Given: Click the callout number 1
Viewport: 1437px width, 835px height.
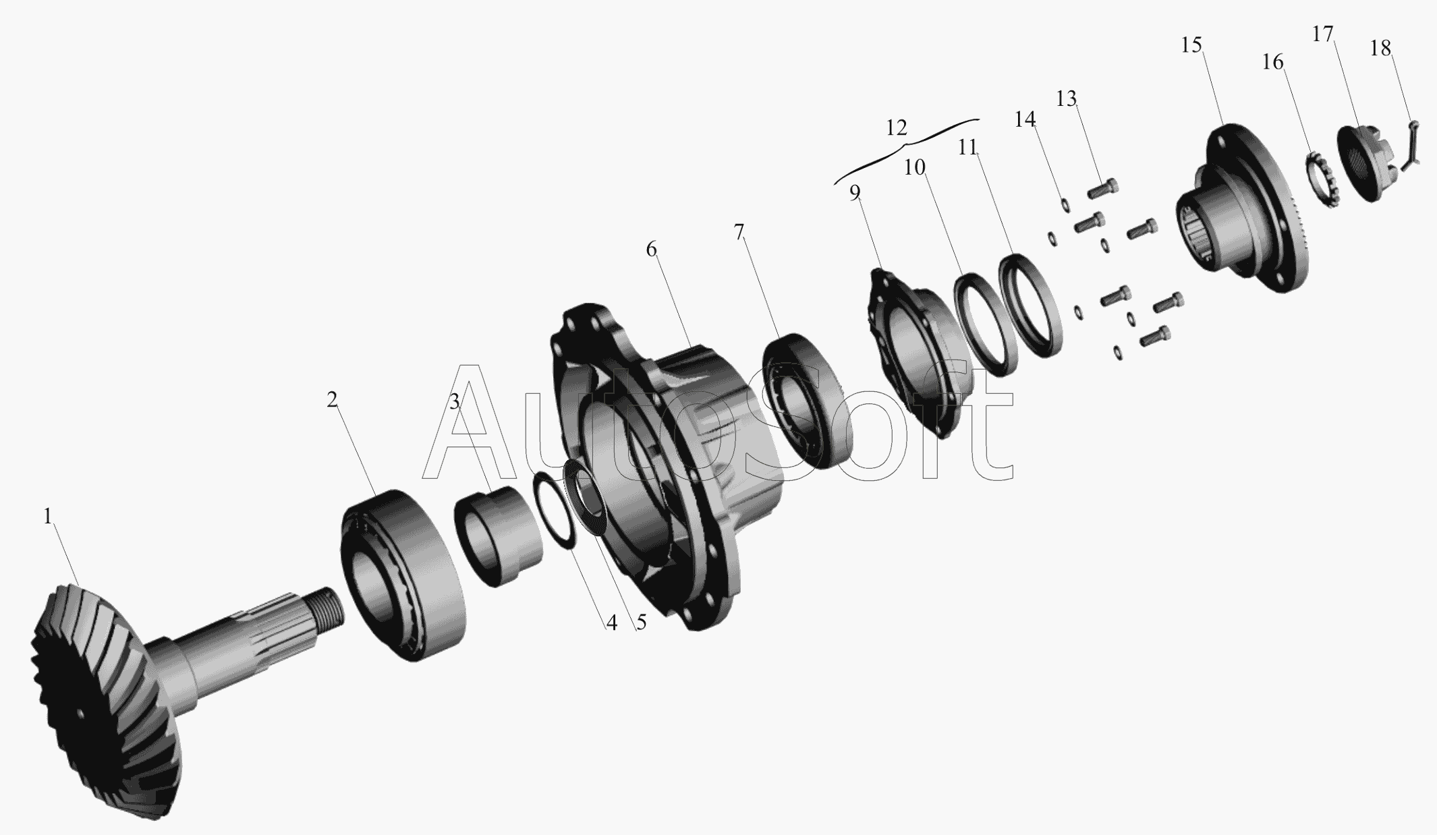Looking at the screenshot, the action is point(47,517).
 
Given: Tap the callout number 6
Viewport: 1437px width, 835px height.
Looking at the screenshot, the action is point(651,250).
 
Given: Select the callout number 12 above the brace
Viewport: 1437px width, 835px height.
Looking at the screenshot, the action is point(896,127).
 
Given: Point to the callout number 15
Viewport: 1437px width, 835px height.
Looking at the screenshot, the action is point(1191,45).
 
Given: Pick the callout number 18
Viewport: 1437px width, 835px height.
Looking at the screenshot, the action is point(1380,48).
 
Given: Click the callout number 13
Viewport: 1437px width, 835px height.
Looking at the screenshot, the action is point(1066,99).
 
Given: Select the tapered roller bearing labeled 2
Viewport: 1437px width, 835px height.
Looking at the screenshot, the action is point(403,575).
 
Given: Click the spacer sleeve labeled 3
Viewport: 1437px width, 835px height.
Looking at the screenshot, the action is point(499,536).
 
